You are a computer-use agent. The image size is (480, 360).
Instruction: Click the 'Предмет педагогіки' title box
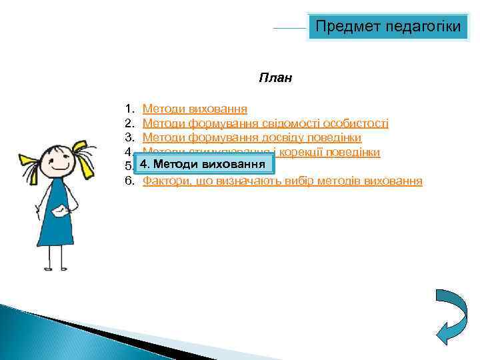click(387, 27)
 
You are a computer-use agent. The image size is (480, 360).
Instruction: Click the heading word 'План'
click(275, 78)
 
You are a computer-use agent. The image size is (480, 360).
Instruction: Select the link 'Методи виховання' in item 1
click(195, 108)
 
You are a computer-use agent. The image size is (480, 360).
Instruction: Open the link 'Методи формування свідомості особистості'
click(265, 123)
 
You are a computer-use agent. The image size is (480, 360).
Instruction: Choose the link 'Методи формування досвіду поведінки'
click(252, 138)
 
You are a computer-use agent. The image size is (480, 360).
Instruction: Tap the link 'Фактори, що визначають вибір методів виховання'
click(282, 181)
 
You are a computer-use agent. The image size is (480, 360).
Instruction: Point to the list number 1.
click(129, 108)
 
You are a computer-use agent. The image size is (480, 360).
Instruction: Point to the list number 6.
click(129, 181)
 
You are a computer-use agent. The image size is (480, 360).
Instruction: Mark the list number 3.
click(129, 138)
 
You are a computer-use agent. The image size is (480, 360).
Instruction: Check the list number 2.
click(129, 123)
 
